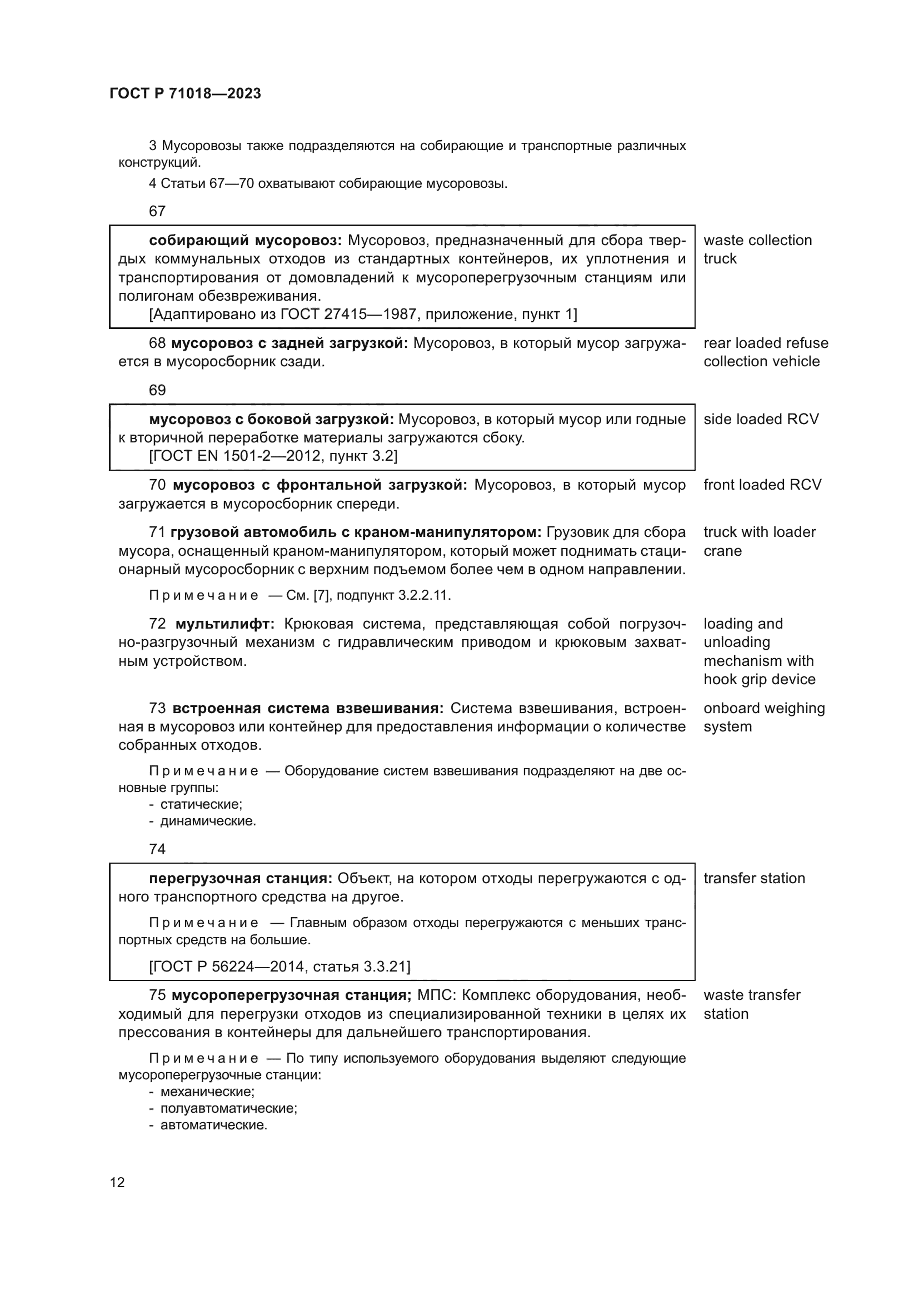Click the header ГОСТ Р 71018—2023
tap(185, 93)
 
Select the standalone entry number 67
tap(157, 211)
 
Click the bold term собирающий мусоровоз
tap(245, 241)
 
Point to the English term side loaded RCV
tap(761, 419)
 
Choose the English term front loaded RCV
tap(762, 485)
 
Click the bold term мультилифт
tap(224, 624)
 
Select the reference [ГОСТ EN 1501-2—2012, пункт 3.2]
tap(273, 456)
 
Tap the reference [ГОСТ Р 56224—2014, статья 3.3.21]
tap(279, 966)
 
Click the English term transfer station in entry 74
tap(754, 878)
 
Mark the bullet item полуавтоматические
tap(228, 1108)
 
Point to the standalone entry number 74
tap(157, 849)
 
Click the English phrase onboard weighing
tap(764, 708)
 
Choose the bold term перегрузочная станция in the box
tap(240, 878)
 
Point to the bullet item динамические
tap(208, 821)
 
